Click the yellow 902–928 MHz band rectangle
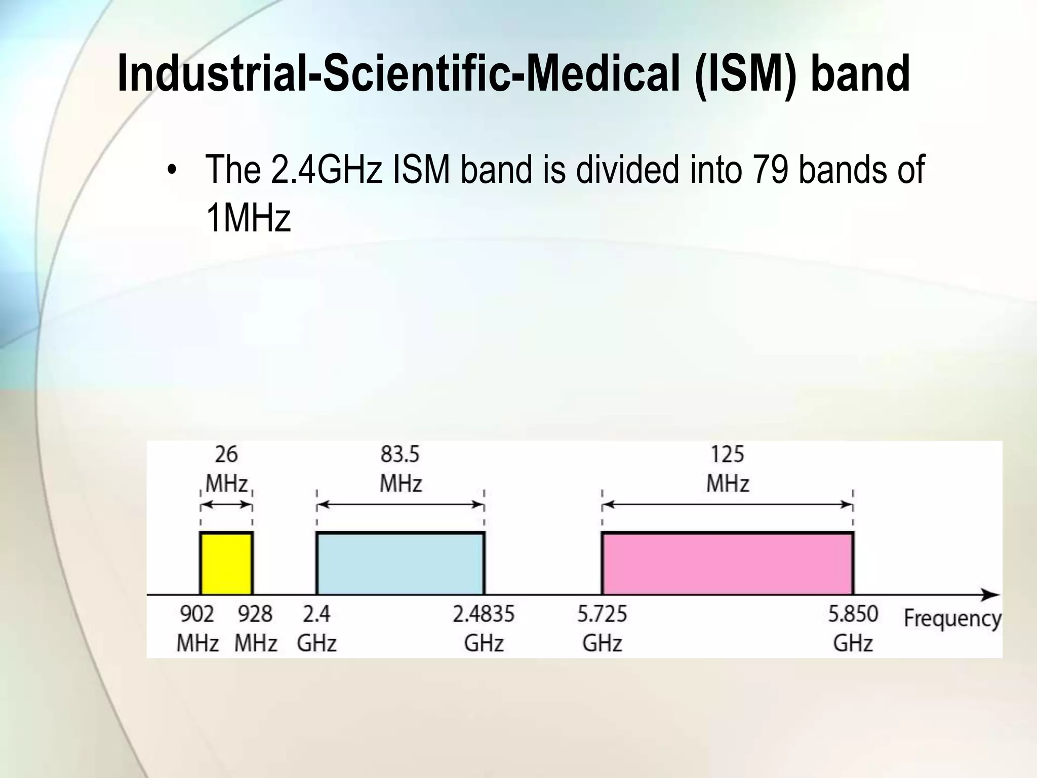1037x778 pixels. [226, 564]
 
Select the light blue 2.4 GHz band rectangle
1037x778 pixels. [401, 564]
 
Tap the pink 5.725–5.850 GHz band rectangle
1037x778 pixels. [728, 564]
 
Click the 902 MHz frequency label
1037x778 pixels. [197, 628]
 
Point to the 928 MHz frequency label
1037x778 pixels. [256, 628]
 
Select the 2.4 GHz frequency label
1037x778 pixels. [317, 628]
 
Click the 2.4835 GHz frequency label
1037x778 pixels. [484, 628]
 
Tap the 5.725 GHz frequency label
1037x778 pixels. [602, 628]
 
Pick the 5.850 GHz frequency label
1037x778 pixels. [853, 628]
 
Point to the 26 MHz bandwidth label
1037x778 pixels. [226, 469]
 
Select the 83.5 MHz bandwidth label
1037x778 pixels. [401, 469]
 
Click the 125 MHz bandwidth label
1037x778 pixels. [728, 469]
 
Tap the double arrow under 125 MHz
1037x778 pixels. [728, 504]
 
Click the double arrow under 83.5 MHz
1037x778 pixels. [401, 504]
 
